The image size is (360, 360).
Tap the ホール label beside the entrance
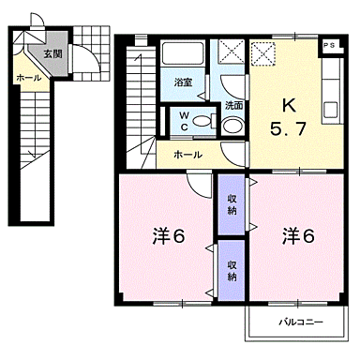(27, 78)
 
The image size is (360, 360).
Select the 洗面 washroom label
(233, 105)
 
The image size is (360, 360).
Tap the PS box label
(329, 44)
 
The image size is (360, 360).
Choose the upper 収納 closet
(231, 203)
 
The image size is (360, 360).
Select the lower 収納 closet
(231, 269)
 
